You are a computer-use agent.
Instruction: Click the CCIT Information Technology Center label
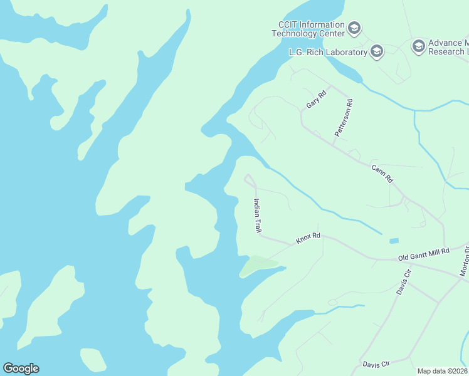coord(307,29)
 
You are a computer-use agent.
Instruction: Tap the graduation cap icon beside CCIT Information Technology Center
coord(354,28)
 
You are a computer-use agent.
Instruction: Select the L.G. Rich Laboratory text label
coord(328,52)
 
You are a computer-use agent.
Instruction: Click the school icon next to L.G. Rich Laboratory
coord(377,51)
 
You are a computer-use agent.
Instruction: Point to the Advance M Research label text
coord(448,47)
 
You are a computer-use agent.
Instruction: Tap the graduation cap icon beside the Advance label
coord(418,46)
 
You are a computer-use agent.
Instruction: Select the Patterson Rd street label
coord(344,117)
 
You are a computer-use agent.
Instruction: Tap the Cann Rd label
coord(382,174)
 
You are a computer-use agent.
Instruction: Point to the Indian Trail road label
coord(257,216)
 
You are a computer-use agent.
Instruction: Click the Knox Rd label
coord(308,238)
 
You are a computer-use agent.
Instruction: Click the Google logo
coord(21,368)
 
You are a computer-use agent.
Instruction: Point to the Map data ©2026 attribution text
coord(443,371)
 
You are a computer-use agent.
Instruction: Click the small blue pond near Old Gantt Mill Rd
coord(393,241)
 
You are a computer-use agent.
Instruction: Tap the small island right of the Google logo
coord(93,360)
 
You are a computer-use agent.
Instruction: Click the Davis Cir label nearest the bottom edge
coord(376,363)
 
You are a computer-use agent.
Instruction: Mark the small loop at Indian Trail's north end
coord(250,180)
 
